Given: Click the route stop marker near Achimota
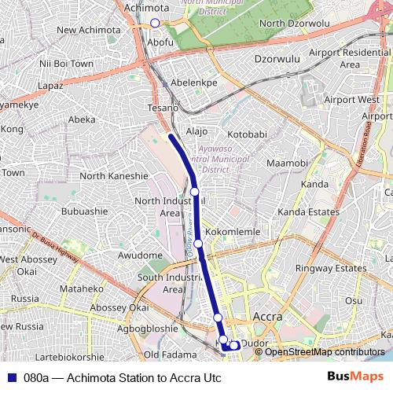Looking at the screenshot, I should click(155, 24).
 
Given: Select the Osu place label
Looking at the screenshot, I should click(354, 299).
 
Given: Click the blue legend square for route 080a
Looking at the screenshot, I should click(10, 378).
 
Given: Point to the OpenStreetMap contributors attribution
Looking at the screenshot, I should click(314, 352).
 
